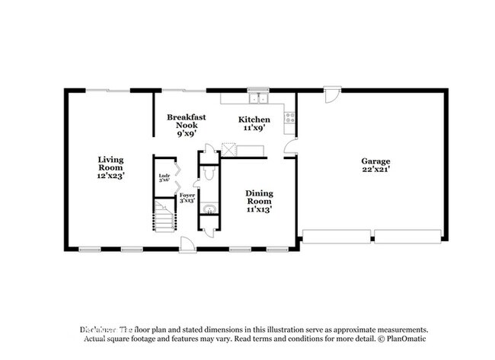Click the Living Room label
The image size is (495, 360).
[x=110, y=167]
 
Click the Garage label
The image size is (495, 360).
[x=375, y=161]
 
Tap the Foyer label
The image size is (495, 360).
[x=187, y=196]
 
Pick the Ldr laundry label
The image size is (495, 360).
[x=163, y=177]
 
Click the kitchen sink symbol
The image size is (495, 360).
[x=259, y=97]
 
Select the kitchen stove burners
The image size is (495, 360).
[x=289, y=118]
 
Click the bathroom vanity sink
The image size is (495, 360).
[x=208, y=207]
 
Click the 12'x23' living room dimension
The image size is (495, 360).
[x=110, y=176]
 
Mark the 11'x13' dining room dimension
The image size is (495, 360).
[x=259, y=209]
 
